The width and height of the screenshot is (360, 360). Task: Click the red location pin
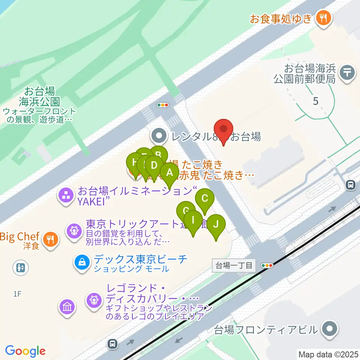click(224, 130)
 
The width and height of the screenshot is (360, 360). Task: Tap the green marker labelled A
click(169, 173)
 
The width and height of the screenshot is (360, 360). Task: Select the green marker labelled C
click(205, 198)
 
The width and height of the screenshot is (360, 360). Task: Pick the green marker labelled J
click(216, 225)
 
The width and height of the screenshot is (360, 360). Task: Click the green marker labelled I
click(193, 220)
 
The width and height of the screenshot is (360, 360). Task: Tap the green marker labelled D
click(154, 165)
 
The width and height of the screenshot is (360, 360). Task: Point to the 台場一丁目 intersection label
click(234, 265)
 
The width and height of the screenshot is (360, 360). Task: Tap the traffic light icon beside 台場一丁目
click(267, 265)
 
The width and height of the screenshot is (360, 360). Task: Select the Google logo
click(25, 351)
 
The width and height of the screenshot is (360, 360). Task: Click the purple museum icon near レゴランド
click(67, 307)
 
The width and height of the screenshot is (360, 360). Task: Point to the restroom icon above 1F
click(20, 268)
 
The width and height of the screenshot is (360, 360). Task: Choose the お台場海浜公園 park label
click(39, 96)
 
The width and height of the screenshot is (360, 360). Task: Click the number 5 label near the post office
click(315, 101)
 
